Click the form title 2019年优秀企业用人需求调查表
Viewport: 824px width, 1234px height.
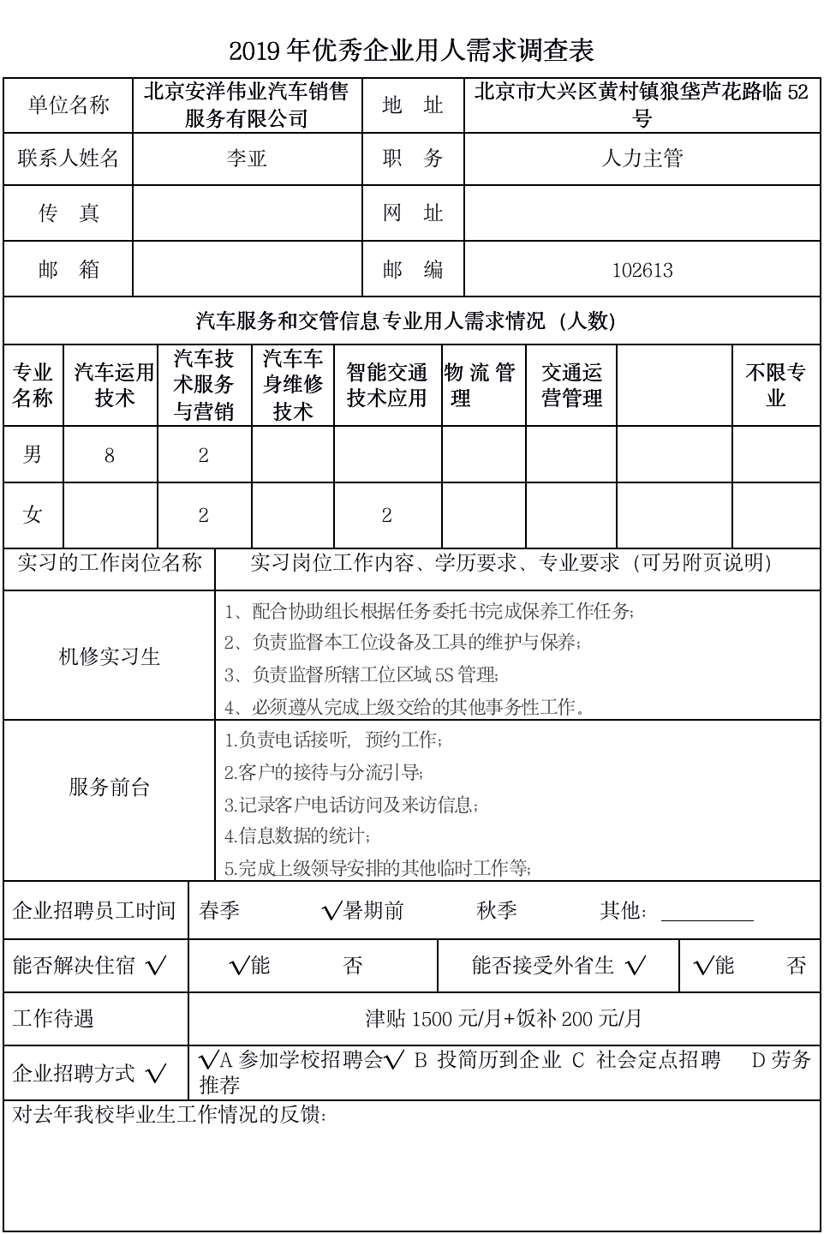(x=411, y=51)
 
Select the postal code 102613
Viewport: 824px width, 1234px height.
(x=642, y=271)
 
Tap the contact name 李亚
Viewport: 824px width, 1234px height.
(x=247, y=159)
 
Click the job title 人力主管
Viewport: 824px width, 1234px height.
(x=642, y=159)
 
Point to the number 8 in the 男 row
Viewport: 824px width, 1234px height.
(x=110, y=456)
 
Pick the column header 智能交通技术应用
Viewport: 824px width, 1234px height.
(x=387, y=385)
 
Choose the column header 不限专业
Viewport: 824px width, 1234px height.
(x=776, y=385)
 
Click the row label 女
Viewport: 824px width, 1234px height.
(x=33, y=515)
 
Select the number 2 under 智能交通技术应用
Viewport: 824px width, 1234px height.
(x=387, y=515)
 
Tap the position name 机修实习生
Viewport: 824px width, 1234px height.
(x=109, y=657)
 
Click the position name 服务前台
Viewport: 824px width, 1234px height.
(x=109, y=788)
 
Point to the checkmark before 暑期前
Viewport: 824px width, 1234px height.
(x=332, y=912)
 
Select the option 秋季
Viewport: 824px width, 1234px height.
(x=497, y=911)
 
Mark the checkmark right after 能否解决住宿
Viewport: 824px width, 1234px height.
(x=157, y=967)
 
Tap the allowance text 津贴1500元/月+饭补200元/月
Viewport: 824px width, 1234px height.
(x=504, y=1019)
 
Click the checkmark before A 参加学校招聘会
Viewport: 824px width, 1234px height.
(x=208, y=1060)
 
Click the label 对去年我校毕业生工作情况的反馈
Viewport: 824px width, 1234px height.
(x=170, y=1115)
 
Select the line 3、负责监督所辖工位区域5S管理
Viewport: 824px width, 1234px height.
(x=361, y=675)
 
